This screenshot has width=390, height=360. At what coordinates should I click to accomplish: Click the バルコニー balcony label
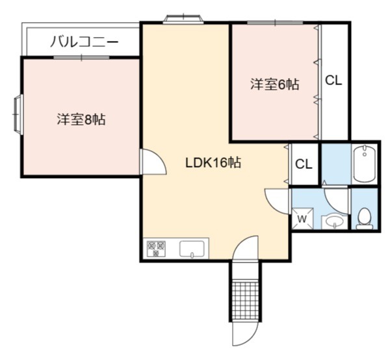pyautogui.click(x=84, y=42)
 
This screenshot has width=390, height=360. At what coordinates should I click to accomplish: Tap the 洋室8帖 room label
pyautogui.click(x=81, y=119)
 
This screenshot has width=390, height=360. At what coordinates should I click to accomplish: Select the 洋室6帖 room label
pyautogui.click(x=274, y=84)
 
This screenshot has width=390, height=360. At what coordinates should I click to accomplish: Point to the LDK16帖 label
pyautogui.click(x=213, y=163)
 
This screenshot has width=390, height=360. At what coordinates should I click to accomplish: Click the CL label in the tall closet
pyautogui.click(x=333, y=81)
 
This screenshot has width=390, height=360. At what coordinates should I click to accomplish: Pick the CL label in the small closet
pyautogui.click(x=304, y=164)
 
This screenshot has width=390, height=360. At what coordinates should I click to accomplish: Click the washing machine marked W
pyautogui.click(x=302, y=219)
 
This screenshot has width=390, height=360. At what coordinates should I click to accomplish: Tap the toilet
pyautogui.click(x=365, y=218)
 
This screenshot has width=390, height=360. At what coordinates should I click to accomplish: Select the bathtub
pyautogui.click(x=365, y=164)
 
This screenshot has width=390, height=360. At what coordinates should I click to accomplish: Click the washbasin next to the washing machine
pyautogui.click(x=335, y=222)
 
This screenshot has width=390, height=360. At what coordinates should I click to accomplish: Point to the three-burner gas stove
pyautogui.click(x=156, y=249)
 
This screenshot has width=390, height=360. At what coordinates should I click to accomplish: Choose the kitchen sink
pyautogui.click(x=192, y=249)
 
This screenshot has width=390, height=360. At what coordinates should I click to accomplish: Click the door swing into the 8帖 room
pyautogui.click(x=153, y=162)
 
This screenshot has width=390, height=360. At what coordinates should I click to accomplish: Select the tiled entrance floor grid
pyautogui.click(x=245, y=300)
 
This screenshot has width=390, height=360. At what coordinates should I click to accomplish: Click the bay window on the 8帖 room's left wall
pyautogui.click(x=18, y=114)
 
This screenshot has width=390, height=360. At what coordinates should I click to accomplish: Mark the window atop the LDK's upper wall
pyautogui.click(x=183, y=19)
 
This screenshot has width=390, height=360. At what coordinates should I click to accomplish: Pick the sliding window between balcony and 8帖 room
pyautogui.click(x=82, y=57)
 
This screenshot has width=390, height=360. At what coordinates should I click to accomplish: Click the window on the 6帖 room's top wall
pyautogui.click(x=275, y=23)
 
